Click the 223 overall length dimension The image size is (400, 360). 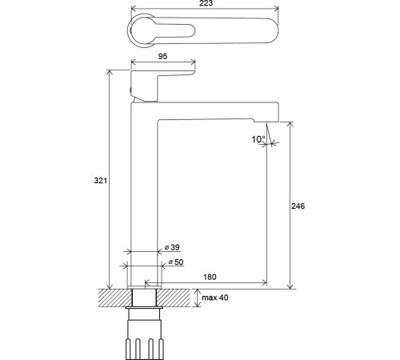tap(206, 3)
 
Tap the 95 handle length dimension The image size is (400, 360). tap(162, 56)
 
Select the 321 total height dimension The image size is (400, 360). tap(100, 181)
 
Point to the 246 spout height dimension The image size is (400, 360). tap(298, 206)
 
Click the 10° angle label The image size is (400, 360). tap(258, 139)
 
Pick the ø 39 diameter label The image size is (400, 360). tap(172, 247)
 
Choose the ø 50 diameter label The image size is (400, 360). tap(176, 262)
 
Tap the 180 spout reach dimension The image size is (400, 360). tap(210, 277)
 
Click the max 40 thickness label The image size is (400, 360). tap(215, 298)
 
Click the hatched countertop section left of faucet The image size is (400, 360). tap(115, 298)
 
